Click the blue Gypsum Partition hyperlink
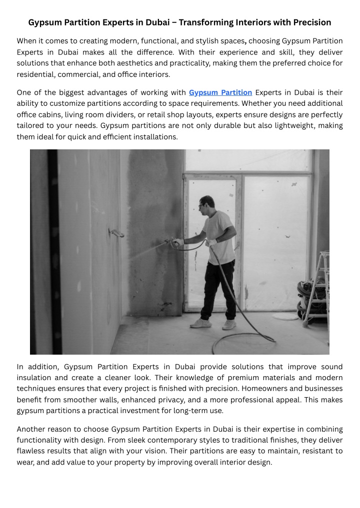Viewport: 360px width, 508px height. [x=220, y=92]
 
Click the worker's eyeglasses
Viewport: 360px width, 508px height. [x=201, y=205]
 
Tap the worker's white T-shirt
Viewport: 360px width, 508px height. [x=219, y=235]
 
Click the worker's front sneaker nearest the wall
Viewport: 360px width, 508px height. [x=199, y=323]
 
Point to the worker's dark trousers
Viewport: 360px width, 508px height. [x=218, y=290]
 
